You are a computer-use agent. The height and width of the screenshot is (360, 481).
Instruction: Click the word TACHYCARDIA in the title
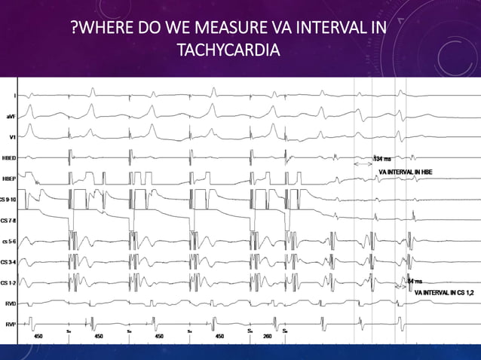click(226, 51)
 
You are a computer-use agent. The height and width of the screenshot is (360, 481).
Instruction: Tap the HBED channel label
click(11, 158)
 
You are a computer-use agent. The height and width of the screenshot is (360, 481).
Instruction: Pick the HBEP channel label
click(11, 179)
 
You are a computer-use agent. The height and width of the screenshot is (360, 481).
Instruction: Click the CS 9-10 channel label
click(9, 199)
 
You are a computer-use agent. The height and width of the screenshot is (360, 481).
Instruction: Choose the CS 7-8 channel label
click(9, 220)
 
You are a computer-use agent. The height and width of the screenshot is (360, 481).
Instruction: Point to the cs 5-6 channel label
click(10, 241)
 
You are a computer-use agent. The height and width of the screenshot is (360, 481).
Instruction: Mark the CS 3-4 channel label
click(9, 262)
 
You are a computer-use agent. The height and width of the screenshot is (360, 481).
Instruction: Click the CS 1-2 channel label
click(9, 283)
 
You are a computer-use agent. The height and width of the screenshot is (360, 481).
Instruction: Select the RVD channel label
click(11, 304)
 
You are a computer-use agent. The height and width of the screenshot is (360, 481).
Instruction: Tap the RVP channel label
click(11, 324)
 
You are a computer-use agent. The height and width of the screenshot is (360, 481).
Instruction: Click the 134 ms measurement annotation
click(383, 159)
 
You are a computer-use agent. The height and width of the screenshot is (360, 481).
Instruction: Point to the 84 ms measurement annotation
click(414, 282)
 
